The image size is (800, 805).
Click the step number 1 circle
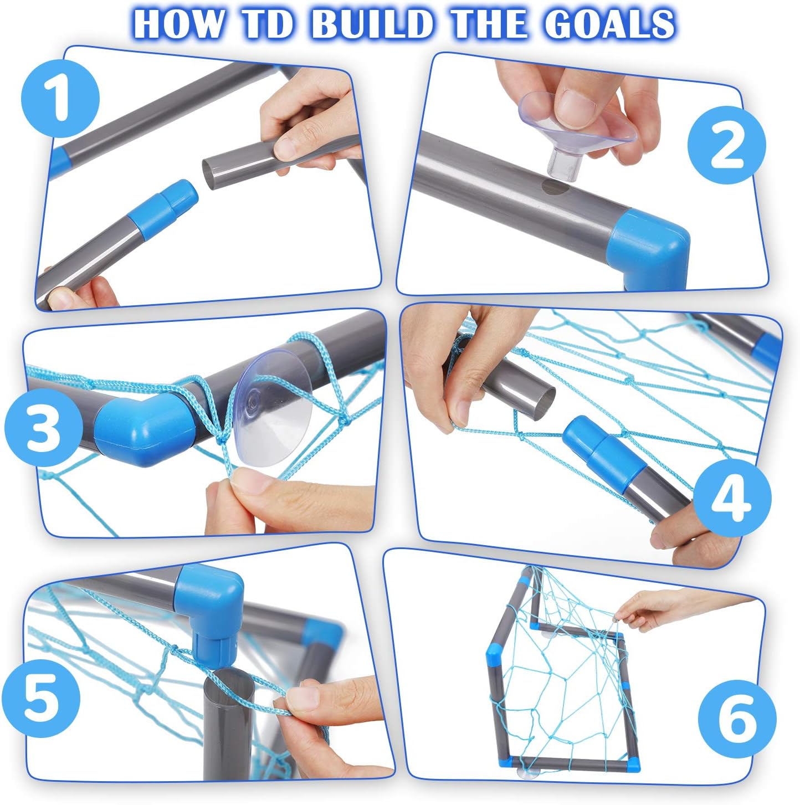(60, 99)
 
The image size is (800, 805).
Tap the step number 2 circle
(726, 145)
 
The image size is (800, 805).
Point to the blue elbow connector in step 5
(209, 608)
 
